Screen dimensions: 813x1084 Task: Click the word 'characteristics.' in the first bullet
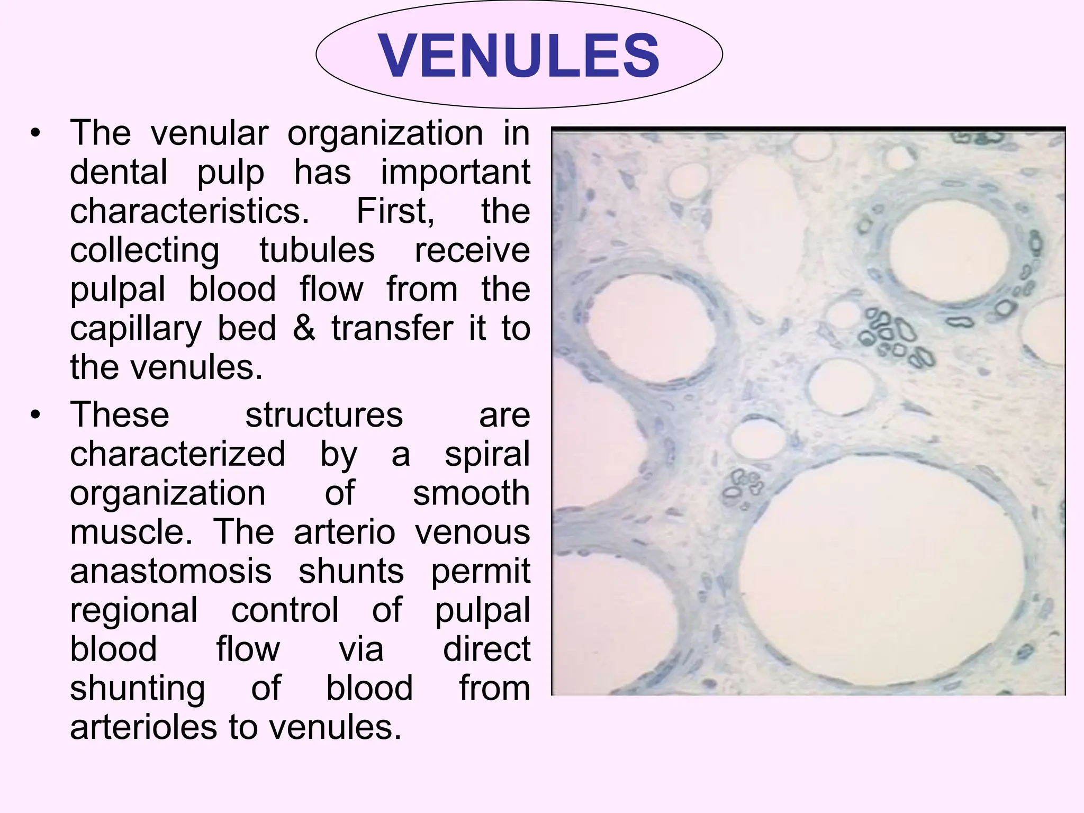[189, 211]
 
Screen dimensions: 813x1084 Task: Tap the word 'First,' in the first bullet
[395, 211]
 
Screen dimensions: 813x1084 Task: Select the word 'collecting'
[144, 250]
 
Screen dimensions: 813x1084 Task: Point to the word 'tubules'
[317, 250]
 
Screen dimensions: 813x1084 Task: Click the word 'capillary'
[135, 328]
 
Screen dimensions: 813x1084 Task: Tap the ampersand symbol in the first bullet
[304, 328]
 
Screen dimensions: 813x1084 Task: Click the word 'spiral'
[487, 454]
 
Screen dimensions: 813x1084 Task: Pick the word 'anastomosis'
[170, 571]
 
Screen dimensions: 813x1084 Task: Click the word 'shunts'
[351, 571]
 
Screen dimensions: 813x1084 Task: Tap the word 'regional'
[134, 610]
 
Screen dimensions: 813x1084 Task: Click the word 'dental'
[119, 172]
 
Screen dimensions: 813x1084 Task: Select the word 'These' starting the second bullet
[120, 414]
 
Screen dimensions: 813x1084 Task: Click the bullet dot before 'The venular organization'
[35, 133]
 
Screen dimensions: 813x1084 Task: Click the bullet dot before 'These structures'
[35, 415]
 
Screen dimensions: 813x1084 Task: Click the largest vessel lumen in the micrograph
[879, 572]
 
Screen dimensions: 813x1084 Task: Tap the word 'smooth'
[471, 493]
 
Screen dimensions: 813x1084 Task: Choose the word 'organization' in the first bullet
[385, 133]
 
